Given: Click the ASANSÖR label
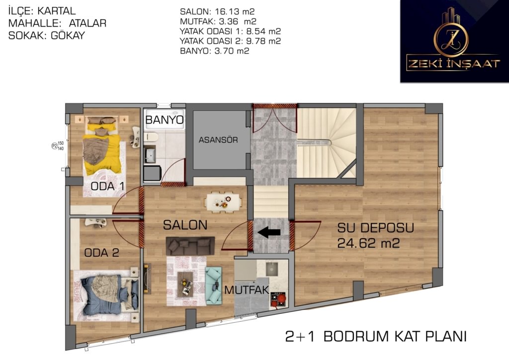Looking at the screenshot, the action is tap(218, 140).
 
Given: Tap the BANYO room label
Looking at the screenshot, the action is tap(164, 120).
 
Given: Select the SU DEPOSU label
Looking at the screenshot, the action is tap(376, 228).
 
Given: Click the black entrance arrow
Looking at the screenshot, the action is tap(269, 232).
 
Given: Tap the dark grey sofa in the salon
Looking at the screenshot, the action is tap(190, 246).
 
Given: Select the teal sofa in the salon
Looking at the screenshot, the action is tap(214, 285).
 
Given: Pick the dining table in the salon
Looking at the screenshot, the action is tap(223, 202).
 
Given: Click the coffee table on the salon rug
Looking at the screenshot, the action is tap(185, 284).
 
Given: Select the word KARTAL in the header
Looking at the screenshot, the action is tap(57, 11).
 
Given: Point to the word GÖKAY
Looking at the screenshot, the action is tap(68, 35).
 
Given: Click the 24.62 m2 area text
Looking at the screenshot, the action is tap(368, 243).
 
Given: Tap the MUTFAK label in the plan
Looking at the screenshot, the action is tap(247, 290).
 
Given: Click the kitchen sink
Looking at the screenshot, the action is tap(272, 268).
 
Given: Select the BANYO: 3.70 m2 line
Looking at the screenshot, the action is tap(215, 51).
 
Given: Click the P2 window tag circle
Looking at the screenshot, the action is tap(55, 146).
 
